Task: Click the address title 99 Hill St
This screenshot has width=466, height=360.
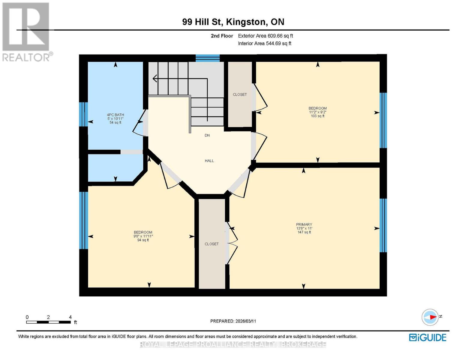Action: [x=233, y=22]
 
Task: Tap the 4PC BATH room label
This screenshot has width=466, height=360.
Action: [x=115, y=115]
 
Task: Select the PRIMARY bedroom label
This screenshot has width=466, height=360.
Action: [x=304, y=224]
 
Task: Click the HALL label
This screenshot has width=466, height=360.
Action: [x=209, y=161]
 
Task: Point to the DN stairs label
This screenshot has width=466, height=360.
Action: [x=207, y=135]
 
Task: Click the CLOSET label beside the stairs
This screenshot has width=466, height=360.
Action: [x=240, y=94]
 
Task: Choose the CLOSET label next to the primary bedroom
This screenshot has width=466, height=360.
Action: [x=212, y=244]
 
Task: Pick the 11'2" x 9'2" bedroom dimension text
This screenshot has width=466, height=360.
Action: [x=317, y=112]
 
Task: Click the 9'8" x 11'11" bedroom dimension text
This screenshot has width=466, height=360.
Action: [x=143, y=236]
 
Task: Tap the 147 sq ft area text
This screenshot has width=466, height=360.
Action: [x=304, y=232]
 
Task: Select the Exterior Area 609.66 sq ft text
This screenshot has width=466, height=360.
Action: [x=265, y=36]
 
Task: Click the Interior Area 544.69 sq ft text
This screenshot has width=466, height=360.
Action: [x=264, y=43]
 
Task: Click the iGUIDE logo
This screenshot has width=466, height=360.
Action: [x=428, y=337]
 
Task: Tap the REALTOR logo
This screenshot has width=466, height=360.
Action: [x=27, y=31]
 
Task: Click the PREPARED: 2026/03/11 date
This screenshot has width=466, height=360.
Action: [x=233, y=321]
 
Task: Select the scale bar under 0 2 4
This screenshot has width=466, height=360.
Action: [x=48, y=322]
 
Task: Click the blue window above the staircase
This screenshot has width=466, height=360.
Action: [x=208, y=58]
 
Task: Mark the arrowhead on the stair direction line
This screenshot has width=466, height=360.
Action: [x=155, y=79]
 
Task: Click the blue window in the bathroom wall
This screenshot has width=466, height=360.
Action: [x=83, y=114]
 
